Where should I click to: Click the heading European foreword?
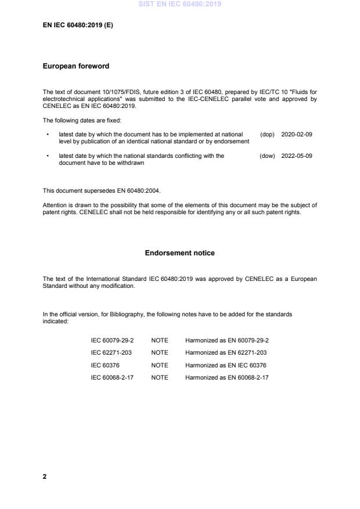click(x=76, y=66)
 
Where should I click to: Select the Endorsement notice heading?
click(x=179, y=253)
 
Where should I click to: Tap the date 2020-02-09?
click(x=297, y=134)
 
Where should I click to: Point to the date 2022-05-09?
click(x=297, y=156)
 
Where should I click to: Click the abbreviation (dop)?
click(x=267, y=134)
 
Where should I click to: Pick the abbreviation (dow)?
click(x=267, y=156)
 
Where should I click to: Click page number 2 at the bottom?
click(x=45, y=476)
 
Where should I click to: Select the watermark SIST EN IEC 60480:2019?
click(x=179, y=5)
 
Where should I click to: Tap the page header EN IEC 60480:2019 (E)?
click(x=77, y=26)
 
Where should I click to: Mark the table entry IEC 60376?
click(x=103, y=365)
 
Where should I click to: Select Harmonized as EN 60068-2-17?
click(x=227, y=377)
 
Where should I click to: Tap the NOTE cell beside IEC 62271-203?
click(x=160, y=352)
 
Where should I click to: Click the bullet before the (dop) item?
click(x=47, y=134)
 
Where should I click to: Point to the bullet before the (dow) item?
click(x=47, y=156)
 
